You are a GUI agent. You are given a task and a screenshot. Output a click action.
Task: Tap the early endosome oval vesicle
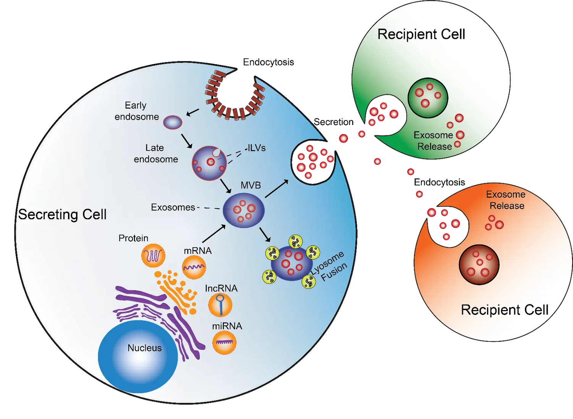(173, 122)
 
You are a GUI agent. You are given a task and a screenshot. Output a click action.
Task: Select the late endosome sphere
(209, 163)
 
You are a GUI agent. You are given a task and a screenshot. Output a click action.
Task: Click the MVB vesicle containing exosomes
(244, 211)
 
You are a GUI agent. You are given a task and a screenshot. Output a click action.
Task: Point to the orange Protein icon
(153, 255)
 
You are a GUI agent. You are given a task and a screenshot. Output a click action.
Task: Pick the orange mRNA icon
(194, 267)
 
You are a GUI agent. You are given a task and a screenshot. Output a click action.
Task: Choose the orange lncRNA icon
(220, 305)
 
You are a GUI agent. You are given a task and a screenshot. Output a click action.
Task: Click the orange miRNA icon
(224, 343)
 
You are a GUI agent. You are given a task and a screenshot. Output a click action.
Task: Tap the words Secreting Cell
(62, 214)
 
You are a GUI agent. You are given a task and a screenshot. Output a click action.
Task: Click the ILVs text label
(256, 148)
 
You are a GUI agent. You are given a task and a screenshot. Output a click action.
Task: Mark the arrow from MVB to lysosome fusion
(265, 234)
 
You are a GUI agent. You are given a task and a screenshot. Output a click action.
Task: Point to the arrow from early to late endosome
(186, 141)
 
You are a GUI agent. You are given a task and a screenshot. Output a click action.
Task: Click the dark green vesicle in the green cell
(427, 98)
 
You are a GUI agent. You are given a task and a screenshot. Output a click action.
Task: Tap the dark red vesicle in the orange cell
(479, 265)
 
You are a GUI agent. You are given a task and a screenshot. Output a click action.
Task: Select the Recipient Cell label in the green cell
(421, 34)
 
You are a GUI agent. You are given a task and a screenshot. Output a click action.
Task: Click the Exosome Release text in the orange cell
(506, 200)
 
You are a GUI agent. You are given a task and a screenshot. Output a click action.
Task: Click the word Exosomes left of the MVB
(173, 207)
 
